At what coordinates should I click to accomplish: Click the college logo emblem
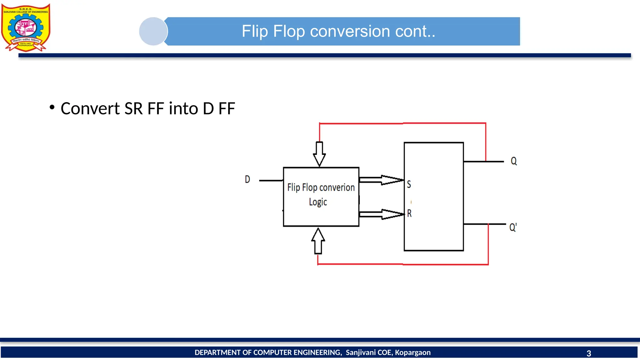[26, 27]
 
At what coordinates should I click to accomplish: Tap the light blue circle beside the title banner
[153, 31]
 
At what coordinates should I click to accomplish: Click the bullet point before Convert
[52, 107]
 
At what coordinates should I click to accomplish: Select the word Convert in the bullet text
[90, 108]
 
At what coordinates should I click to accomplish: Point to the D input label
[247, 179]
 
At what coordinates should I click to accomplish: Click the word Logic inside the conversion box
[318, 202]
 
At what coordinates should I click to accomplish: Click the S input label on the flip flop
[409, 184]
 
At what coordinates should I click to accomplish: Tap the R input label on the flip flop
[409, 213]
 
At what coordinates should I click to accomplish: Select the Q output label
[513, 161]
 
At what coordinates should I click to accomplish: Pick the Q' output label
[513, 227]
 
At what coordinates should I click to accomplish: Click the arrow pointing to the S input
[382, 180]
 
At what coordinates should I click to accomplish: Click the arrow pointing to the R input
[382, 214]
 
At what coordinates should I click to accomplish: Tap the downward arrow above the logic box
[319, 154]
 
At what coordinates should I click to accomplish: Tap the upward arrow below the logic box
[318, 241]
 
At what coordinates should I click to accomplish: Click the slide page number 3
[589, 353]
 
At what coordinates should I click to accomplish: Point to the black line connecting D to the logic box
[271, 181]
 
